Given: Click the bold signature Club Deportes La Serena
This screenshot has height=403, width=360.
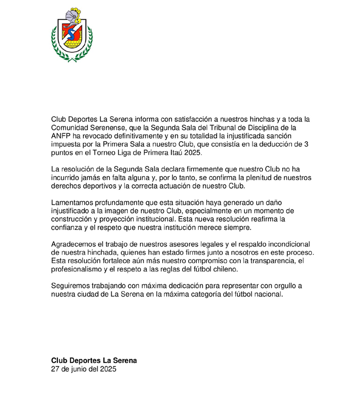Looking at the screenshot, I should point(94,360).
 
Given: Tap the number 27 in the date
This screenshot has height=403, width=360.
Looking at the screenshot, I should point(56,369).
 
